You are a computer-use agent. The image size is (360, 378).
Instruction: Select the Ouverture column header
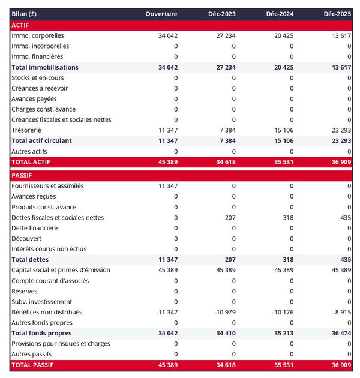pos(161,14)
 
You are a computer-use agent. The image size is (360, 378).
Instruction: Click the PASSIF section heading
pos(22,175)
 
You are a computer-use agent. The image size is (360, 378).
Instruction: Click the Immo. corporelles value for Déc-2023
pos(223,36)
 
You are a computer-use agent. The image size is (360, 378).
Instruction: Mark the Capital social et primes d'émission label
pos(61,270)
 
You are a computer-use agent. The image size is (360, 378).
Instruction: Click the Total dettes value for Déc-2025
pos(344,260)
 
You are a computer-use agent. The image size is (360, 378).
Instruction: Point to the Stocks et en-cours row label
pos(37,78)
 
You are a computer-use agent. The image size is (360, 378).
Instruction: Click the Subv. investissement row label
pos(41,302)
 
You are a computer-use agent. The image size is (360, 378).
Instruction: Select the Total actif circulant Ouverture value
pos(168,140)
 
